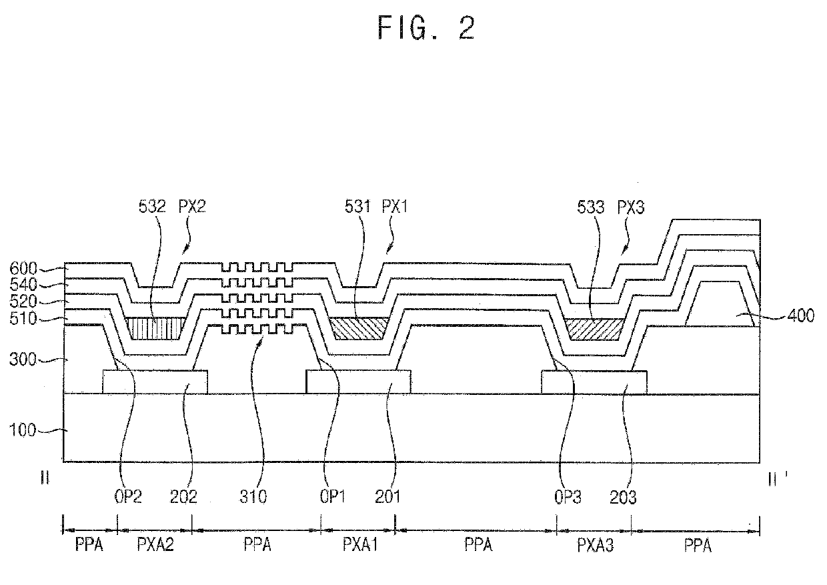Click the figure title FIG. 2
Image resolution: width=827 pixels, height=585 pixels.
tap(426, 27)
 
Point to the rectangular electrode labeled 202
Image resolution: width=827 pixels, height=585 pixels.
tap(155, 382)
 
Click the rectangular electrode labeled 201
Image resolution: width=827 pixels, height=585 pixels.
tap(358, 382)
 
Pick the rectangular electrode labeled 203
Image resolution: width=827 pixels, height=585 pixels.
tap(594, 382)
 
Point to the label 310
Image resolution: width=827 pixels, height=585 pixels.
tap(257, 497)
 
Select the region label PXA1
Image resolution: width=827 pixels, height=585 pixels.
tap(360, 546)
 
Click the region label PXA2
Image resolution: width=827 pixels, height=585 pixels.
tap(155, 546)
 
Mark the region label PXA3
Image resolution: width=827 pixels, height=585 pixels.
tap(595, 546)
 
